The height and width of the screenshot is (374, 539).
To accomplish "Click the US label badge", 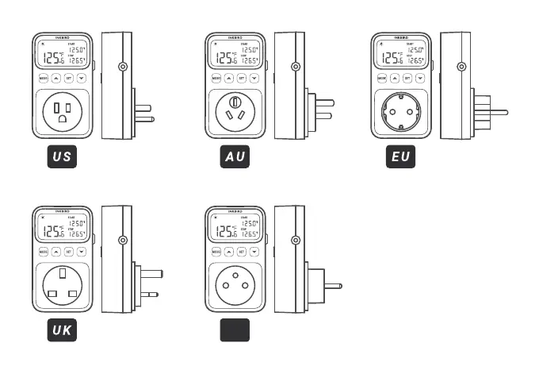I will pyautogui.click(x=62, y=156).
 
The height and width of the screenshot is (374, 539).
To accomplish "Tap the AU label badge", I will pyautogui.click(x=235, y=156).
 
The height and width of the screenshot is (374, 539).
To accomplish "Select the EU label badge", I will pyautogui.click(x=401, y=156).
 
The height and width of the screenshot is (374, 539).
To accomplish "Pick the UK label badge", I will pyautogui.click(x=62, y=330).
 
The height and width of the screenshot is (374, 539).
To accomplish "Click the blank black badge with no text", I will pyautogui.click(x=235, y=330).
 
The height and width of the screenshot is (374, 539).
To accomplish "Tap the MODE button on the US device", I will pyautogui.click(x=43, y=78).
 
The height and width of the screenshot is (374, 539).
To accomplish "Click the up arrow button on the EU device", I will pyautogui.click(x=395, y=78).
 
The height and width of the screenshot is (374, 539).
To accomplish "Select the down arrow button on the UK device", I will pyautogui.click(x=81, y=252).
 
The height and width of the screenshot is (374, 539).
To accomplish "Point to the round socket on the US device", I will pyautogui.click(x=62, y=112).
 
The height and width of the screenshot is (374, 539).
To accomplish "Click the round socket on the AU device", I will pyautogui.click(x=235, y=112).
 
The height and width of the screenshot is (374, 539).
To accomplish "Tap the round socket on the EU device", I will pyautogui.click(x=401, y=112).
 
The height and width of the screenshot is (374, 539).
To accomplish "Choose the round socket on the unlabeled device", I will pyautogui.click(x=235, y=286).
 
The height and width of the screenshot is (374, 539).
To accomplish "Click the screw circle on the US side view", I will pyautogui.click(x=123, y=67).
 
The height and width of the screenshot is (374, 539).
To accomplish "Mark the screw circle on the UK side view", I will pyautogui.click(x=123, y=240).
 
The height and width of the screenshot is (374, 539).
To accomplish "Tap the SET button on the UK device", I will pyautogui.click(x=68, y=252).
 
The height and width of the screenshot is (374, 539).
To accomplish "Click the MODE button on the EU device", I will pyautogui.click(x=382, y=78).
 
